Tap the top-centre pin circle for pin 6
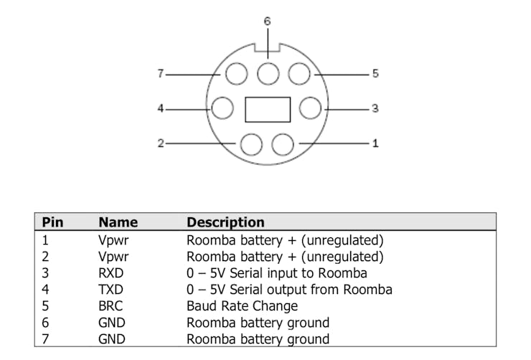268,74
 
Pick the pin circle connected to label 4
223,109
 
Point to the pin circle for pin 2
251,144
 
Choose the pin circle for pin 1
283,144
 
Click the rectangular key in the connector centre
268,109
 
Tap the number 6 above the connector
267,22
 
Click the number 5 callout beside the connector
375,73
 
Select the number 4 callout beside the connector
161,109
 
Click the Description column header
225,222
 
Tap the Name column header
118,222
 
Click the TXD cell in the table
111,290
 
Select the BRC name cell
111,306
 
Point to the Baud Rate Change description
242,306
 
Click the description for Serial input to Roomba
276,273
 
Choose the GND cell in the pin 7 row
111,339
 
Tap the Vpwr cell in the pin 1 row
113,240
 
